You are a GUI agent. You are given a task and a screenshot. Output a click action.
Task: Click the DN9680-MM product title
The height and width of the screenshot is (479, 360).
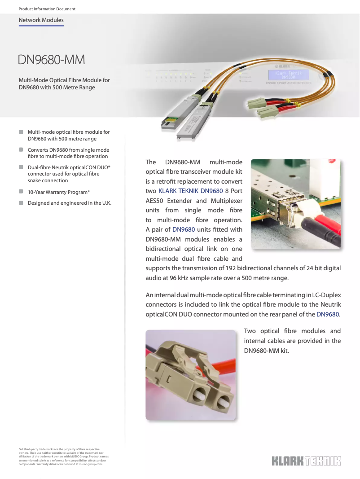(x=51, y=60)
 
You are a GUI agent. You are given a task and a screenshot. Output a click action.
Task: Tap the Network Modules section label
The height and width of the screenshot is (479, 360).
(x=41, y=20)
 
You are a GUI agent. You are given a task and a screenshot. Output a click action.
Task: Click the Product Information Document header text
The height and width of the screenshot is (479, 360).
(x=47, y=9)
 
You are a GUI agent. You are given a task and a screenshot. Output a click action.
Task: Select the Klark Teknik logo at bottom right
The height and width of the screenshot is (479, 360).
(x=306, y=461)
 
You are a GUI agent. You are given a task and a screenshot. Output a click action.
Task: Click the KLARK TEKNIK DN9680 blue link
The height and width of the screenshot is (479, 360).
(x=191, y=191)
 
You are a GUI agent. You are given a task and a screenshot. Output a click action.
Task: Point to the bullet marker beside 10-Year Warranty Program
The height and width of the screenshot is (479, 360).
(x=21, y=192)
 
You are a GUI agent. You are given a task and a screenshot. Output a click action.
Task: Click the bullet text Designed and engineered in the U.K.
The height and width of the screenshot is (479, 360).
(x=70, y=203)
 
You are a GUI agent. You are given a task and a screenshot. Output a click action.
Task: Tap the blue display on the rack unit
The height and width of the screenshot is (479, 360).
(x=289, y=75)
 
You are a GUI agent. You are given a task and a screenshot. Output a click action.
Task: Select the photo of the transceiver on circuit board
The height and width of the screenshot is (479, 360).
(x=295, y=204)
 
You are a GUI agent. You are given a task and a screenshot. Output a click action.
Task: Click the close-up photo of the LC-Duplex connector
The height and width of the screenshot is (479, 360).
(x=191, y=375)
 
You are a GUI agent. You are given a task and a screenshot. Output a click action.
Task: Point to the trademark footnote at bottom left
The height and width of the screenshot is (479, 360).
(x=63, y=457)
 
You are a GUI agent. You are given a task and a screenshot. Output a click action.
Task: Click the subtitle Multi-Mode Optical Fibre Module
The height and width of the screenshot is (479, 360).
(x=64, y=83)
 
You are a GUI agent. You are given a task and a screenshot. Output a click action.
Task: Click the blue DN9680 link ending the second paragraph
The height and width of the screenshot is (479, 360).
(x=328, y=314)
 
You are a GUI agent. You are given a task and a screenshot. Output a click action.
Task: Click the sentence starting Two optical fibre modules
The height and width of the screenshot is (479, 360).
(x=292, y=341)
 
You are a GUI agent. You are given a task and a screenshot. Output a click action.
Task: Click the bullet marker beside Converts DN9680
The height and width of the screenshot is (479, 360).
(x=21, y=149)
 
